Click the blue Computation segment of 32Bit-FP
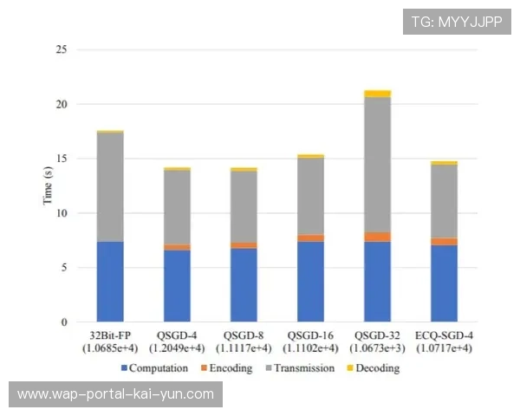click(x=110, y=282)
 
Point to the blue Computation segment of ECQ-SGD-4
click(x=445, y=283)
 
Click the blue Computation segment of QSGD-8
click(x=244, y=285)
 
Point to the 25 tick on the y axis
click(x=61, y=49)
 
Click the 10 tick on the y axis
click(x=61, y=213)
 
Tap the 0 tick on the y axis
click(x=64, y=322)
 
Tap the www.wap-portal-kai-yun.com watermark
click(x=116, y=394)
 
